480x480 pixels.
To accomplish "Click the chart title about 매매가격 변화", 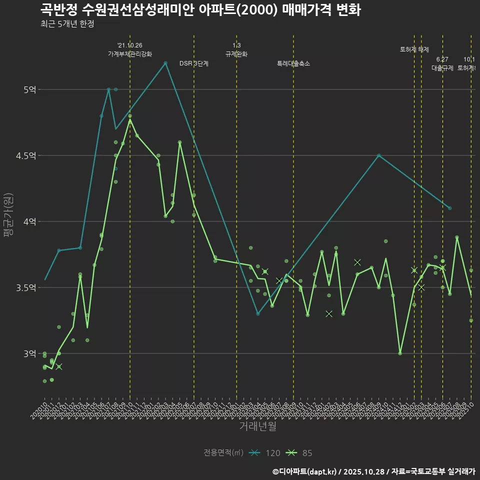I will [200, 10].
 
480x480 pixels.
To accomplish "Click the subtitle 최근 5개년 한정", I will [67, 24].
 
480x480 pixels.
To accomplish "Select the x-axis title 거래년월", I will [257, 426].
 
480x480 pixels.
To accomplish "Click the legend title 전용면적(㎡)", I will [223, 453].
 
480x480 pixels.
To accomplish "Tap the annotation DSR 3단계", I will [194, 63].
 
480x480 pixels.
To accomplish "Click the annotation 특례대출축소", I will [293, 63].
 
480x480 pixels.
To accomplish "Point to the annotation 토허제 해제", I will [414, 49].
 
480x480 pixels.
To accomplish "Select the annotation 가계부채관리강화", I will [130, 54].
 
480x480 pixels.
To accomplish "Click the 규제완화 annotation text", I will [236, 54].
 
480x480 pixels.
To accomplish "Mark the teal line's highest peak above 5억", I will [165, 62].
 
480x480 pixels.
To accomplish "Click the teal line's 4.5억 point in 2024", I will [378, 155].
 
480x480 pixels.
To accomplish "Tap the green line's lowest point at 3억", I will [400, 353].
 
